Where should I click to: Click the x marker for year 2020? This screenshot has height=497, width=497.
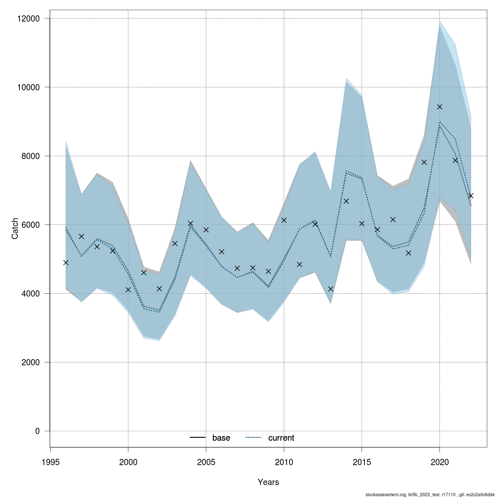pyautogui.click(x=439, y=107)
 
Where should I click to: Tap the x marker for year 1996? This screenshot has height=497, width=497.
pyautogui.click(x=66, y=263)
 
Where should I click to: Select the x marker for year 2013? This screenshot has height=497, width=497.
pyautogui.click(x=331, y=289)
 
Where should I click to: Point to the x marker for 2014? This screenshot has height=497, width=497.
pyautogui.click(x=346, y=201)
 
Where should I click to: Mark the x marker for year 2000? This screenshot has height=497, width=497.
pyautogui.click(x=128, y=290)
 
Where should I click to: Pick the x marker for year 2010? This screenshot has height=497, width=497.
pyautogui.click(x=284, y=220)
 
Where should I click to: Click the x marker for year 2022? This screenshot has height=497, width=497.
pyautogui.click(x=470, y=195)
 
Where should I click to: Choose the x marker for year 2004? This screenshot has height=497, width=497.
pyautogui.click(x=191, y=223)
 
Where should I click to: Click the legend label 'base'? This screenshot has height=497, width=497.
pyautogui.click(x=221, y=438)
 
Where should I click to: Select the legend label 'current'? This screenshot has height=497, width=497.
pyautogui.click(x=281, y=438)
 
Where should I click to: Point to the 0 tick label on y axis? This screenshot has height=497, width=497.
pyautogui.click(x=37, y=431)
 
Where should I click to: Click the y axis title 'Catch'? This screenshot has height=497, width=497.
pyautogui.click(x=15, y=228)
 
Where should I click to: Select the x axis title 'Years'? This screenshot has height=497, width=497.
pyautogui.click(x=268, y=482)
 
